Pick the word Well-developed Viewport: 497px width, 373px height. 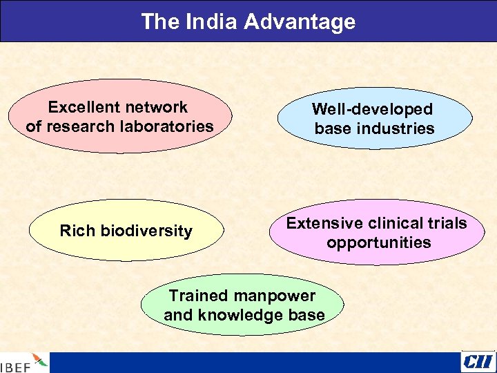[372, 109]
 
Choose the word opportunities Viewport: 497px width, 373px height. [378, 242]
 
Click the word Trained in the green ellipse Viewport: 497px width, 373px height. [198, 296]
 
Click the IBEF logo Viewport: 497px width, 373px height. [24, 363]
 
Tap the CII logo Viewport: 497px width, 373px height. [478, 361]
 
